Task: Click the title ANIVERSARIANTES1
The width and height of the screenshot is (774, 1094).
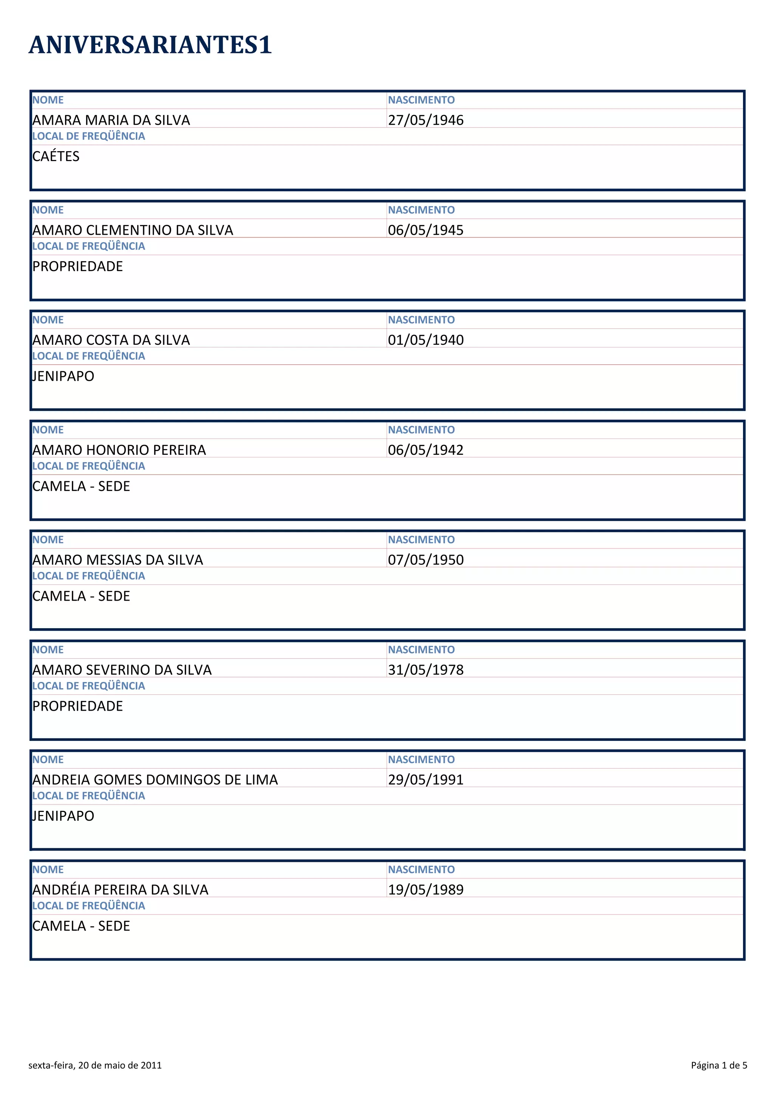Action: click(150, 45)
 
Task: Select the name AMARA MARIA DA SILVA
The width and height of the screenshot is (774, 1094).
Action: click(111, 120)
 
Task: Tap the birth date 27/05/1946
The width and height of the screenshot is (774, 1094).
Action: click(426, 120)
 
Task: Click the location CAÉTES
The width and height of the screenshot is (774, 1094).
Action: click(56, 157)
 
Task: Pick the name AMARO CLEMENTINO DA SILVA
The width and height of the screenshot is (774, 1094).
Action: click(133, 230)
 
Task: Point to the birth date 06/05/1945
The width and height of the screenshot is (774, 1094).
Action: click(426, 230)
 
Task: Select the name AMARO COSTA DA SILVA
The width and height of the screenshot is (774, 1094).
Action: click(111, 340)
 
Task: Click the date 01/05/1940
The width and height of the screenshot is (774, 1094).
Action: click(426, 340)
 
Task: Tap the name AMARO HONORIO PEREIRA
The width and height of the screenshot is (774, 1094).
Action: click(119, 450)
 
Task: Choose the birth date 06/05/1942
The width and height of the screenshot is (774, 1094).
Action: click(426, 450)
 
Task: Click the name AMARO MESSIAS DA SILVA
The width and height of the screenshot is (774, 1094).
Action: click(118, 560)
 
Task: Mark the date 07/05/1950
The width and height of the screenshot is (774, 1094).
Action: click(426, 560)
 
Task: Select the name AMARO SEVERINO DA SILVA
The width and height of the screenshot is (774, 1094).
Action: click(122, 670)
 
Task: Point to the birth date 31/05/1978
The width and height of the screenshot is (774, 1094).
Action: click(426, 670)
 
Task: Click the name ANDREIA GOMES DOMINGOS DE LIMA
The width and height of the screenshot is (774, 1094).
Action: click(155, 780)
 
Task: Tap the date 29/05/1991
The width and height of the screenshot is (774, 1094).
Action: click(426, 780)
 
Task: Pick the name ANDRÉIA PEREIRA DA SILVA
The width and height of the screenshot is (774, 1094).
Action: click(120, 890)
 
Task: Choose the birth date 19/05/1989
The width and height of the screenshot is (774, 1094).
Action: click(426, 890)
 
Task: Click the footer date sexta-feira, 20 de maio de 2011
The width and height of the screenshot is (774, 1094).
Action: click(95, 1065)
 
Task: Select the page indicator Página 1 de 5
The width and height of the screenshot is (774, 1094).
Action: click(719, 1065)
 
